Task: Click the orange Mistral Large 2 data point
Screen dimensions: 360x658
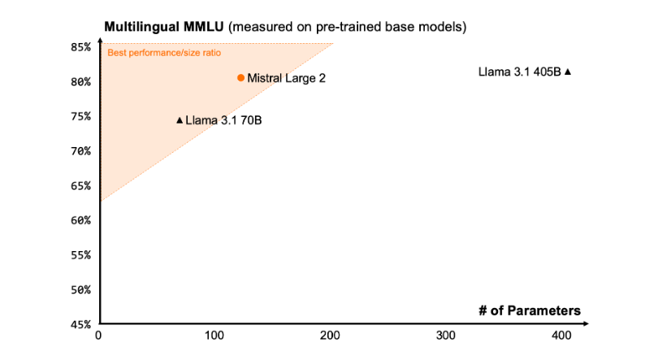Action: (x=240, y=78)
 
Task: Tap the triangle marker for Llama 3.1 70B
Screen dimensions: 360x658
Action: (x=180, y=120)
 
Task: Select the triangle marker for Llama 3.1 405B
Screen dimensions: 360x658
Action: (x=568, y=72)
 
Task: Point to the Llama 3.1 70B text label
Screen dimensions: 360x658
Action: (x=223, y=120)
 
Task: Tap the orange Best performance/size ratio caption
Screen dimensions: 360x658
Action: (x=165, y=53)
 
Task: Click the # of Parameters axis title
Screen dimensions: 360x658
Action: (x=529, y=310)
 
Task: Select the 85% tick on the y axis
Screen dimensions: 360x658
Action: (x=79, y=47)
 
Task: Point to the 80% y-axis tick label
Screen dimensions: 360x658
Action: (x=79, y=82)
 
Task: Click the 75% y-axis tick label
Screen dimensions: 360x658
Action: (x=79, y=116)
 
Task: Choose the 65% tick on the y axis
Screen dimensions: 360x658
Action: (x=79, y=185)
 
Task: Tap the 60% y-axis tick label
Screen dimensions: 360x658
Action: (x=79, y=220)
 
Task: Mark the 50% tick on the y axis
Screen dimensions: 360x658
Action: (x=79, y=289)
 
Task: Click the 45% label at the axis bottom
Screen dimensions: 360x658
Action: (x=79, y=324)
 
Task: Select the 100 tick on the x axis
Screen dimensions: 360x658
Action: (x=214, y=336)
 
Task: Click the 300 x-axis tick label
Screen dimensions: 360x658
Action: (x=445, y=336)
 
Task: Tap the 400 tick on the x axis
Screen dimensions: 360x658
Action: (x=561, y=336)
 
